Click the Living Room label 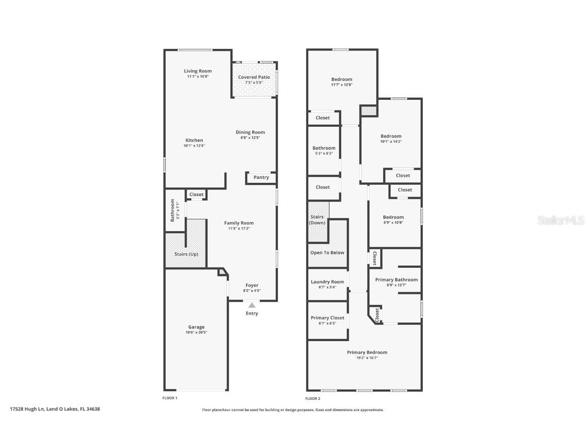(198, 71)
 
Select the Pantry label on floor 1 (261, 177)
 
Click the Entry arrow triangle (252, 305)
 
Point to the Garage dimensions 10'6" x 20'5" (196, 333)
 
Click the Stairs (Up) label (186, 254)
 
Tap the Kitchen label (194, 141)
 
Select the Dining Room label (250, 132)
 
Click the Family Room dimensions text (239, 229)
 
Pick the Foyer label (252, 285)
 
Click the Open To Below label (327, 253)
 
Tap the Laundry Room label (328, 282)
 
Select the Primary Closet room (328, 320)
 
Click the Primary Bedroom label (367, 352)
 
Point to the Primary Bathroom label (396, 280)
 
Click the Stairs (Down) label (317, 220)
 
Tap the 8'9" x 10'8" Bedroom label (393, 217)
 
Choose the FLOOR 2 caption (313, 398)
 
